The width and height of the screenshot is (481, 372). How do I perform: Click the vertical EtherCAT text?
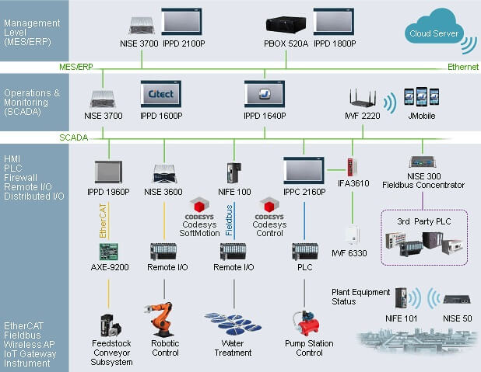pyautogui.click(x=101, y=221)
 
